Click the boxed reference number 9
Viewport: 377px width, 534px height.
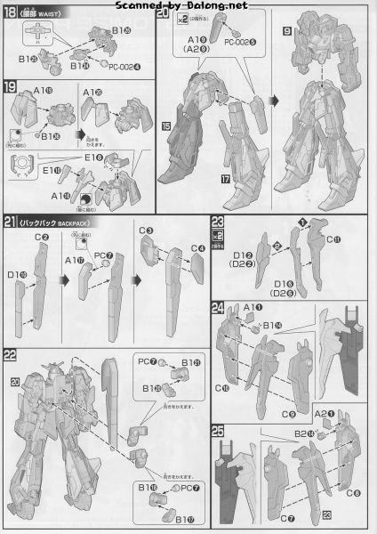(287, 28)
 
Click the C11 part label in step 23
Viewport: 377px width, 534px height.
(333, 240)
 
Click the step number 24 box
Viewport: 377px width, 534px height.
(218, 308)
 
